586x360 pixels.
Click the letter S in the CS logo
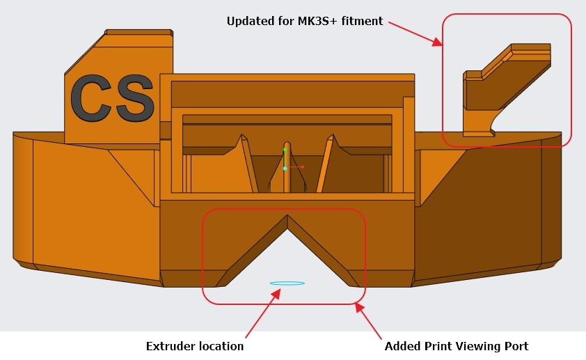(x=134, y=98)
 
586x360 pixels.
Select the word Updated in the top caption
(x=251, y=22)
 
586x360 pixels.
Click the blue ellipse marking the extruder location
(x=287, y=283)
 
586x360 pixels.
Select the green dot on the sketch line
(x=285, y=150)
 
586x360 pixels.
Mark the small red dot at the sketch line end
(x=302, y=166)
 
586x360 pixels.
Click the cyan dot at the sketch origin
(x=285, y=169)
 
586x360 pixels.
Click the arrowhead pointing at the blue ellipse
(x=276, y=293)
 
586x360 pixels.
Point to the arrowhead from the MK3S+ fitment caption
(x=437, y=42)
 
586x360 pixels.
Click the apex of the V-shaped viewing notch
(x=287, y=215)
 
